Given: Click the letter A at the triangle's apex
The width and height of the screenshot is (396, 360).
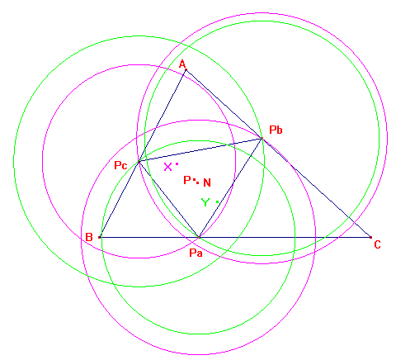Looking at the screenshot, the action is (182, 64).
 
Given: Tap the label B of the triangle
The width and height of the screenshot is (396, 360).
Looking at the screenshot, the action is (89, 237).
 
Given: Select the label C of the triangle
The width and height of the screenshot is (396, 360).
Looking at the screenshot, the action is (377, 244).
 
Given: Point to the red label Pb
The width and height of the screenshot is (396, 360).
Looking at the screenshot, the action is (276, 130).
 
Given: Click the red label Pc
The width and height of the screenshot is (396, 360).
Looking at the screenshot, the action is (120, 165).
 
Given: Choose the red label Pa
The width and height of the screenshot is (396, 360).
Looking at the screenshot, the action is (196, 253).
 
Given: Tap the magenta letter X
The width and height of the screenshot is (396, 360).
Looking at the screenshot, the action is (167, 167).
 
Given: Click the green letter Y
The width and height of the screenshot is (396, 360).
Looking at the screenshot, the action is (205, 202).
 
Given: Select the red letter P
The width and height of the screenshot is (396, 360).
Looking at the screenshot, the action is (187, 180).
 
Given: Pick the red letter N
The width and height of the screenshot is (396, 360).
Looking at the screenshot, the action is (207, 182).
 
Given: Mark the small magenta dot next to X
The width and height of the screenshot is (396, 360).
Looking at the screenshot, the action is (177, 164).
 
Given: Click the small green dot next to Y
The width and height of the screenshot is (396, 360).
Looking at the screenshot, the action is (217, 202).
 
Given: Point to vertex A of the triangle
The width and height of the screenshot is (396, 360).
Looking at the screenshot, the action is (186, 70).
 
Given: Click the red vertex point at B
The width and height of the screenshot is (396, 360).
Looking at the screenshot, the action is (100, 237).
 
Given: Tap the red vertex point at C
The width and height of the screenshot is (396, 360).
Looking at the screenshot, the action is (370, 237).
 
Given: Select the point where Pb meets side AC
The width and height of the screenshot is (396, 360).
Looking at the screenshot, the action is (262, 139).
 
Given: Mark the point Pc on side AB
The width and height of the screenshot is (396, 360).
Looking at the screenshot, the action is (139, 162).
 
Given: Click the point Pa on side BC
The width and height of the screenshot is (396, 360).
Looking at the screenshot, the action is (199, 237).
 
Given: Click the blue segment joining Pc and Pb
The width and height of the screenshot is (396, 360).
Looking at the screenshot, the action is (200, 150).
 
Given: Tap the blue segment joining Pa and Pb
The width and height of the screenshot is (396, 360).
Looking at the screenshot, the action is (230, 187).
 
